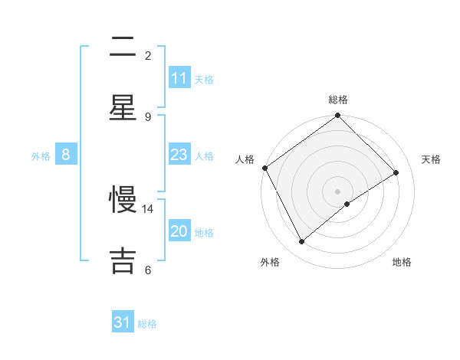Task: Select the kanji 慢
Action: click(123, 200)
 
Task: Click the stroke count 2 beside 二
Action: click(148, 55)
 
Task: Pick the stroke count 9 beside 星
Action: click(148, 116)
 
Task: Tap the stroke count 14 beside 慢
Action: click(148, 208)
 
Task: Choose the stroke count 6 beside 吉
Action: click(148, 270)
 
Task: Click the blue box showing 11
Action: click(179, 78)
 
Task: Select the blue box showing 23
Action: click(179, 155)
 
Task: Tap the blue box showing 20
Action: click(179, 232)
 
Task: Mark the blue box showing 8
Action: click(66, 155)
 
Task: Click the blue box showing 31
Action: click(123, 323)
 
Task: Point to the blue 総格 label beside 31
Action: click(147, 324)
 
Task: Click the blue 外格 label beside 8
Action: click(41, 156)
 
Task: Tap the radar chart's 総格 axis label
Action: click(338, 100)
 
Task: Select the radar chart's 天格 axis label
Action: click(432, 159)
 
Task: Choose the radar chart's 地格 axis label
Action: click(402, 262)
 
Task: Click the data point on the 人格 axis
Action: click(264, 168)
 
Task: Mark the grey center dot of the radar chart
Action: click(338, 191)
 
